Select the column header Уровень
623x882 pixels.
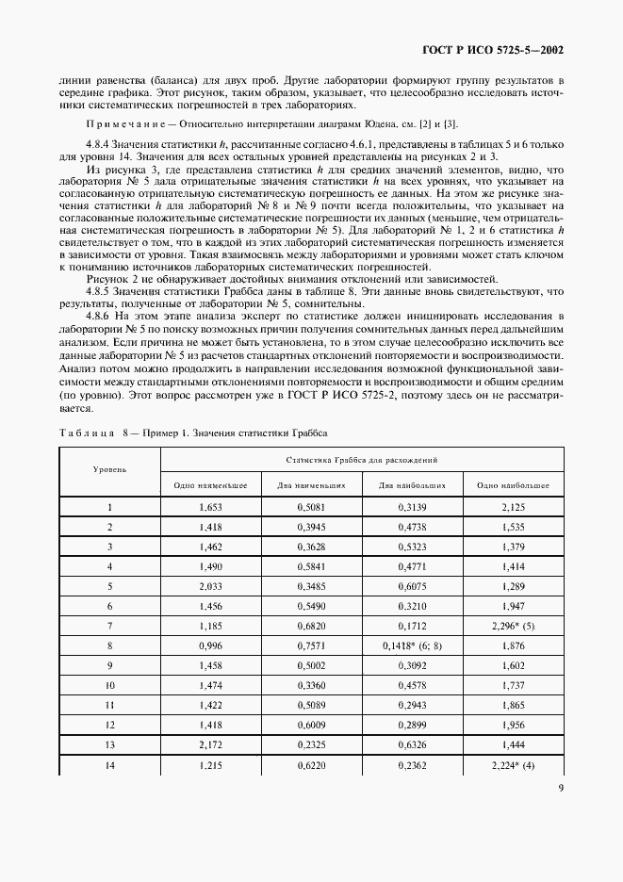(x=110, y=468)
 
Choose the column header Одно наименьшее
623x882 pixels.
(x=210, y=485)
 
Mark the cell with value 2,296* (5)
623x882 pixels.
(x=514, y=626)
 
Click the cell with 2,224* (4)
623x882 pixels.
(x=514, y=765)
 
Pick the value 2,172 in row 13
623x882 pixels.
(x=210, y=744)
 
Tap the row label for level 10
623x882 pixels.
(x=110, y=685)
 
